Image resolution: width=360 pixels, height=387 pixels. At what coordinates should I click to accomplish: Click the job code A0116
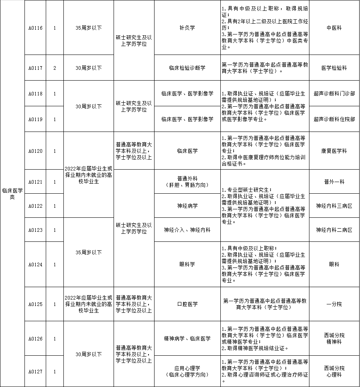click(35, 28)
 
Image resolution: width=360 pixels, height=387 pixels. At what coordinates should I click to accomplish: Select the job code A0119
click(35, 119)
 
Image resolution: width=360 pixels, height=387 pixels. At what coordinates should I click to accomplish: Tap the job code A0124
click(35, 265)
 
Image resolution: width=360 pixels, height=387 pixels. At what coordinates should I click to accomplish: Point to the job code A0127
click(35, 371)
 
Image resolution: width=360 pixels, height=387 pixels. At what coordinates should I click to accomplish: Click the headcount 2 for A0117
click(55, 68)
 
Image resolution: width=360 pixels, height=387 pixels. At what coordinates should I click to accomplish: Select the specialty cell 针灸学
click(187, 28)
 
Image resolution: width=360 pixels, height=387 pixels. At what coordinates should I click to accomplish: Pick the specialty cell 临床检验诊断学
click(187, 68)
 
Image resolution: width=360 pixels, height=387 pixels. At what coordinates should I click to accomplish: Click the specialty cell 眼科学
click(187, 265)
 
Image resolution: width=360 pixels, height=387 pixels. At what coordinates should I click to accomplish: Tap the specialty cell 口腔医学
click(187, 304)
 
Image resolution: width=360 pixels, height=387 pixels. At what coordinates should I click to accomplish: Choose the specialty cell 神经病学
click(187, 206)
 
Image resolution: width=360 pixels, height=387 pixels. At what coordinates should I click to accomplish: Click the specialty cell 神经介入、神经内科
click(187, 230)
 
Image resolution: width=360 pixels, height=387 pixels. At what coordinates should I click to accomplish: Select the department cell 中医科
click(334, 28)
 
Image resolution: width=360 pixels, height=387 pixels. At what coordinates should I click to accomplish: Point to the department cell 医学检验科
click(334, 68)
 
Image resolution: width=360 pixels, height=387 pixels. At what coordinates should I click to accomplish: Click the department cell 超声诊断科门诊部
click(334, 93)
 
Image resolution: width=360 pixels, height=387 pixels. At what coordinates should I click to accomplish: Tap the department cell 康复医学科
click(334, 151)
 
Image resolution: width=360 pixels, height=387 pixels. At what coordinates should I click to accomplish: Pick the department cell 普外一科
click(334, 182)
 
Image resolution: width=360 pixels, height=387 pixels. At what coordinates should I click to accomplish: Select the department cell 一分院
click(334, 304)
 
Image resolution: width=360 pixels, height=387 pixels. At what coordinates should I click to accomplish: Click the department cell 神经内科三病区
click(334, 206)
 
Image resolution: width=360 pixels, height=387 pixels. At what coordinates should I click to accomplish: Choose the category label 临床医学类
click(12, 194)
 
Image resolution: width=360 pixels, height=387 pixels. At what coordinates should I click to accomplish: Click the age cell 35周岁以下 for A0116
click(89, 28)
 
